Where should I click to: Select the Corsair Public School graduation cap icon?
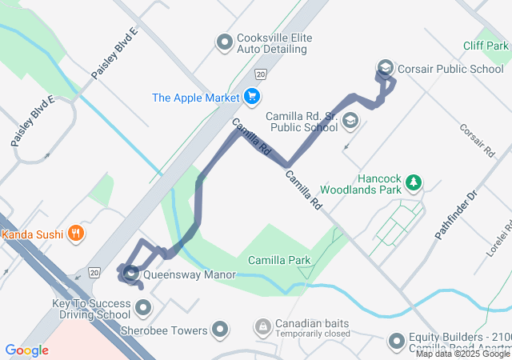click(385, 68)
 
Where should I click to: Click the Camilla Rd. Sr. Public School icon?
click(350, 121)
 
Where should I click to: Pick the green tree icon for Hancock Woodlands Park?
click(413, 183)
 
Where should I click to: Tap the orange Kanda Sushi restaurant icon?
click(76, 234)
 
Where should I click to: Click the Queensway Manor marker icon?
click(130, 274)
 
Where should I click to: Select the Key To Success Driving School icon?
click(143, 308)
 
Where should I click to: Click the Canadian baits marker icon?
click(262, 327)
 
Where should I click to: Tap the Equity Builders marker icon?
click(396, 342)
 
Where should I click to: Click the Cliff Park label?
click(485, 46)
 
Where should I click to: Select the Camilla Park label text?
click(279, 260)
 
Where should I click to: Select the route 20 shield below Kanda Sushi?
click(95, 272)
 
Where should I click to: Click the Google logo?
click(26, 350)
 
